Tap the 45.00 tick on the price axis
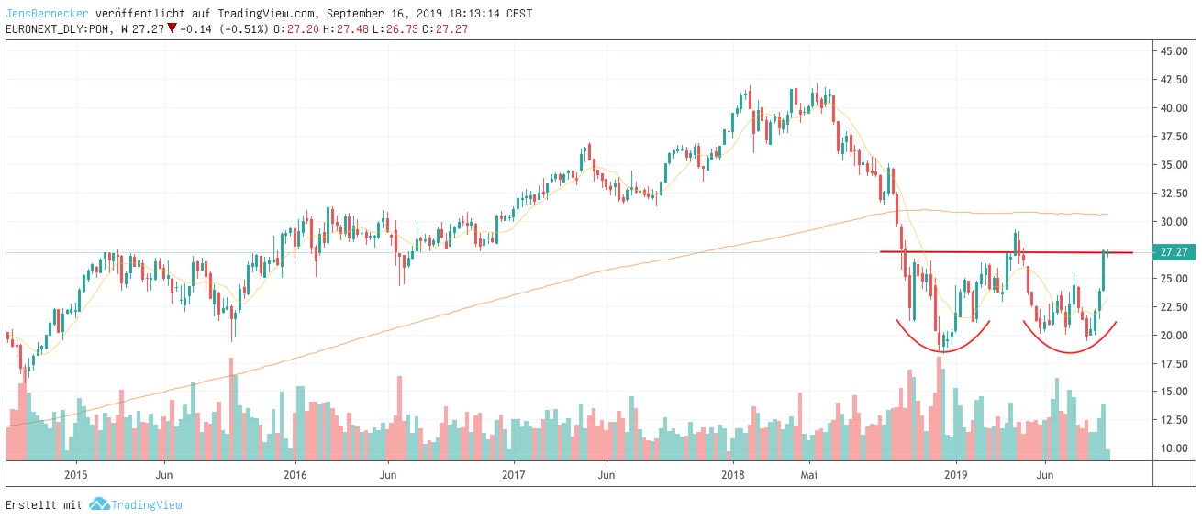click(x=1175, y=51)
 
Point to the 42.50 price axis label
click(x=1175, y=80)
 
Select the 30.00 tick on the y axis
click(x=1175, y=222)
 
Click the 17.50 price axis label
click(x=1175, y=364)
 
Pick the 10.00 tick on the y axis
click(x=1175, y=449)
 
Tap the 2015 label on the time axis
click(x=76, y=475)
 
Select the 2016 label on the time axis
click(x=295, y=475)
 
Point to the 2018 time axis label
click(x=732, y=475)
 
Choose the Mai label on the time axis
click(x=808, y=475)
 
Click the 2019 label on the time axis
click(x=956, y=475)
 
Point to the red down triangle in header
click(x=172, y=28)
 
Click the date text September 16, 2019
click(x=379, y=14)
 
